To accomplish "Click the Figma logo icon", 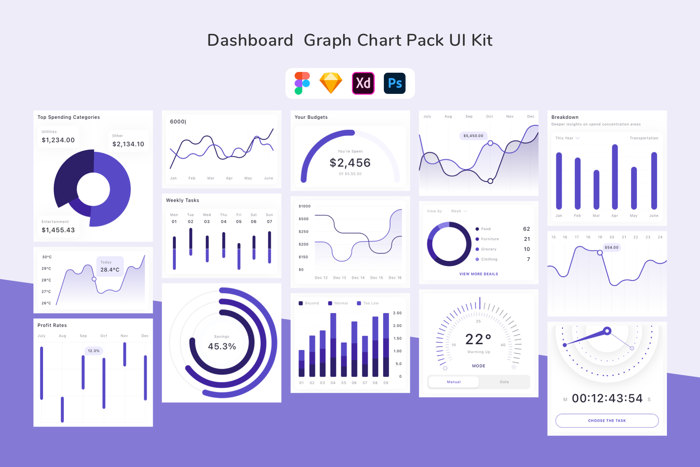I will click(302, 83).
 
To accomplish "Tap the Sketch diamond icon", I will click(331, 83).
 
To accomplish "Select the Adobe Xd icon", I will click(363, 83).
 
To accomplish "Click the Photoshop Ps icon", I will click(395, 83).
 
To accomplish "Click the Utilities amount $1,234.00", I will click(58, 140).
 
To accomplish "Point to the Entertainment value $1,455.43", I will click(58, 230).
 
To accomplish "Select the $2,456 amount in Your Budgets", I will click(350, 163).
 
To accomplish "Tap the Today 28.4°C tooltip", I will click(110, 266).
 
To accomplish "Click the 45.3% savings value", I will click(222, 346).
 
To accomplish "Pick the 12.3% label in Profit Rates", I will click(93, 351).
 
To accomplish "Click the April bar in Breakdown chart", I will click(615, 177).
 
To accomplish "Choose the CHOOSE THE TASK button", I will click(607, 420).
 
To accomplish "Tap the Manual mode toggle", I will click(453, 382).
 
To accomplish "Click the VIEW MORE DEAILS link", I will click(478, 274).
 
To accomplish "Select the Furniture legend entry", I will click(489, 239).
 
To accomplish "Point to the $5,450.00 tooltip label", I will click(473, 136).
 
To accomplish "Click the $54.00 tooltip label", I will click(611, 247).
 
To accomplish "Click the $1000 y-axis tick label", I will click(304, 206).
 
